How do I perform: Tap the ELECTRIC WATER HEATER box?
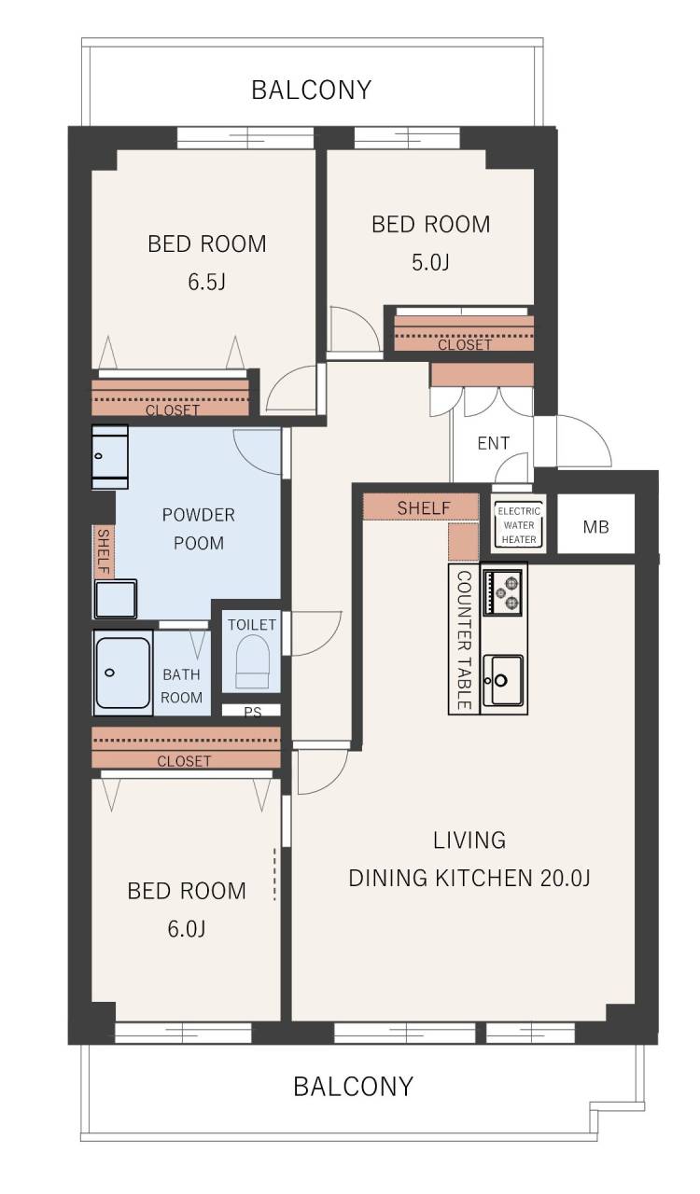[519, 525]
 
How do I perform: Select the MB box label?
[596, 527]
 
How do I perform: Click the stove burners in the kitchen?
[502, 591]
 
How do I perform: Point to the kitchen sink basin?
[503, 680]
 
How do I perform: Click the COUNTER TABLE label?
[464, 640]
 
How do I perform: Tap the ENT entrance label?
[493, 443]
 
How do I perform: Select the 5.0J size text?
[430, 262]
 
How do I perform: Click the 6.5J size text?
[206, 282]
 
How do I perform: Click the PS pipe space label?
[252, 712]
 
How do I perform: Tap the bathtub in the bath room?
[122, 673]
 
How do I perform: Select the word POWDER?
[199, 515]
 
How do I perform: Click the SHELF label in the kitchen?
[424, 507]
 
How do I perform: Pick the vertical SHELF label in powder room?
[103, 552]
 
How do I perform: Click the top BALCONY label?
[311, 90]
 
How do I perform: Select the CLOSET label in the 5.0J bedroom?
[464, 345]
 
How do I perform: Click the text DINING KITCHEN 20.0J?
[469, 878]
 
